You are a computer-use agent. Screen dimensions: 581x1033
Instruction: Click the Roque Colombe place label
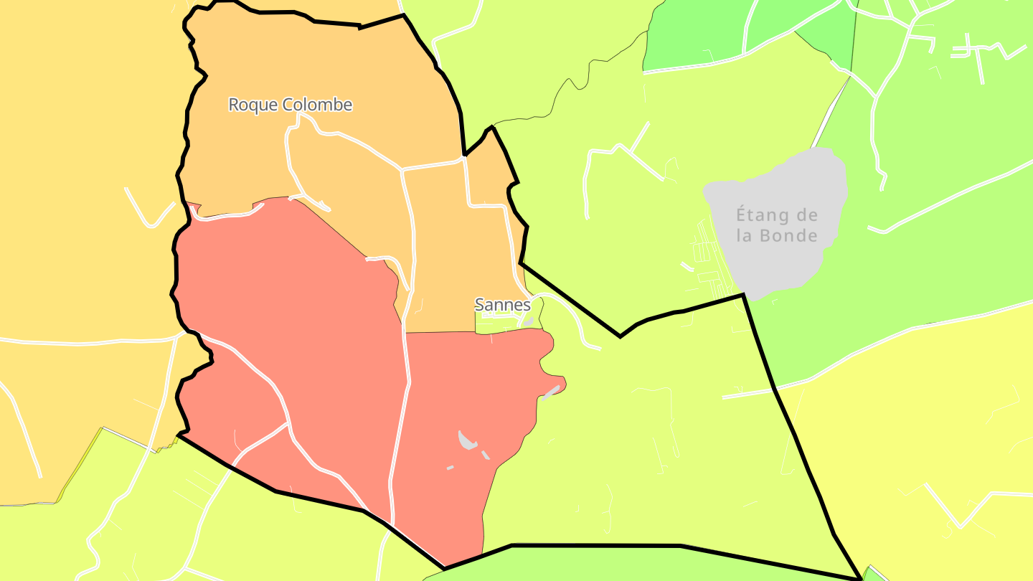coord(290,105)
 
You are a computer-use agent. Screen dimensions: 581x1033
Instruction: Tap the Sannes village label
coord(503,304)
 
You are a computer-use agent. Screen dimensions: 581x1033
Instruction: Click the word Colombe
coord(317,105)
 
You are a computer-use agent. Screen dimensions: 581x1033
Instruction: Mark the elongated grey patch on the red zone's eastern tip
coord(551,392)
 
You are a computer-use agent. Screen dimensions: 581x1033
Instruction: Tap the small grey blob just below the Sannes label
coord(529,322)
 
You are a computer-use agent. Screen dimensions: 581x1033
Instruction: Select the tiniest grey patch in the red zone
coord(450,468)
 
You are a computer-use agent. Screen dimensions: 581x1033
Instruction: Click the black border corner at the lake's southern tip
coord(743,294)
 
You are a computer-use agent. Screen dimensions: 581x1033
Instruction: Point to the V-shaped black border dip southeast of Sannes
coord(620,336)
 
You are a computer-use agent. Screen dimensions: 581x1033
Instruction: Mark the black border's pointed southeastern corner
coord(860,578)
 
